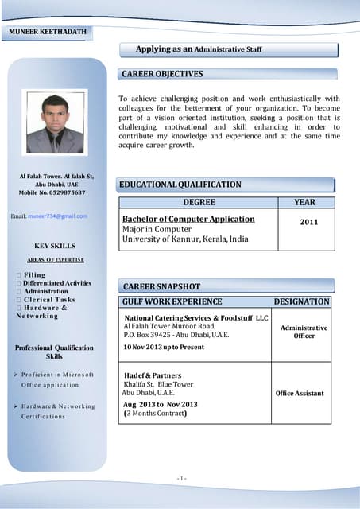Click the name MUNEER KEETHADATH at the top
pyautogui.click(x=48, y=32)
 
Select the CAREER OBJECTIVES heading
pyautogui.click(x=162, y=74)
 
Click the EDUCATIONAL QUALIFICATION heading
pyautogui.click(x=180, y=185)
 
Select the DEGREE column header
pyautogui.click(x=199, y=203)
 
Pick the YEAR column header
pyautogui.click(x=304, y=203)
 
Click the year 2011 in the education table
pyautogui.click(x=308, y=222)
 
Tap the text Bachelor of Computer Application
pyautogui.click(x=188, y=219)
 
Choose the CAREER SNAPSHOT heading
pyautogui.click(x=161, y=286)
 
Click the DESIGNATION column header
pyautogui.click(x=301, y=302)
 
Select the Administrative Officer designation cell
pyautogui.click(x=304, y=332)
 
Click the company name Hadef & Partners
pyautogui.click(x=153, y=375)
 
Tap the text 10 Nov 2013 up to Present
pyautogui.click(x=164, y=348)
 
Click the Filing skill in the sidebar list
pyautogui.click(x=35, y=274)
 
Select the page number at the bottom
pyautogui.click(x=180, y=477)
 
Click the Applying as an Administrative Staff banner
pyautogui.click(x=199, y=49)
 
